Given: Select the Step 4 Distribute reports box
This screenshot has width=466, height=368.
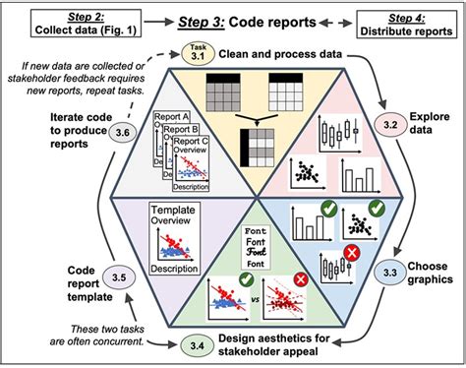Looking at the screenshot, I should [x=410, y=22].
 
